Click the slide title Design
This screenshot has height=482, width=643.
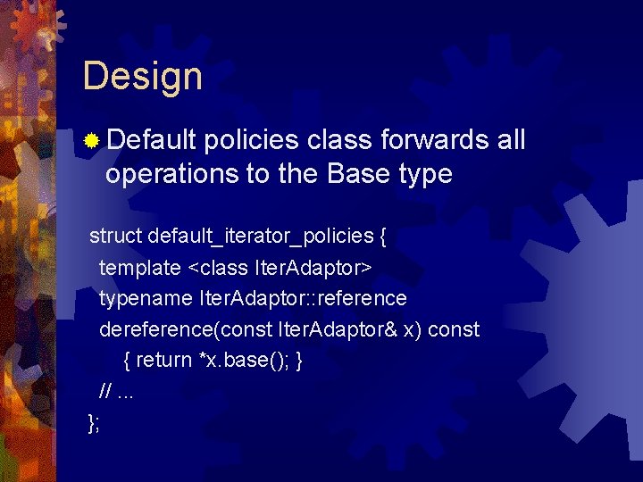pos(142,77)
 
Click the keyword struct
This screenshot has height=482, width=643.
pos(116,236)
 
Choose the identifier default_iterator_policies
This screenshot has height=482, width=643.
pos(261,237)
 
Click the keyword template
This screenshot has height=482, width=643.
pos(139,267)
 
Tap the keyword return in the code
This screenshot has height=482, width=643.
pos(165,360)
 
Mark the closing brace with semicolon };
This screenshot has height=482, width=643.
pos(94,422)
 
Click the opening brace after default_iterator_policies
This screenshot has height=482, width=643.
pos(383,237)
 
